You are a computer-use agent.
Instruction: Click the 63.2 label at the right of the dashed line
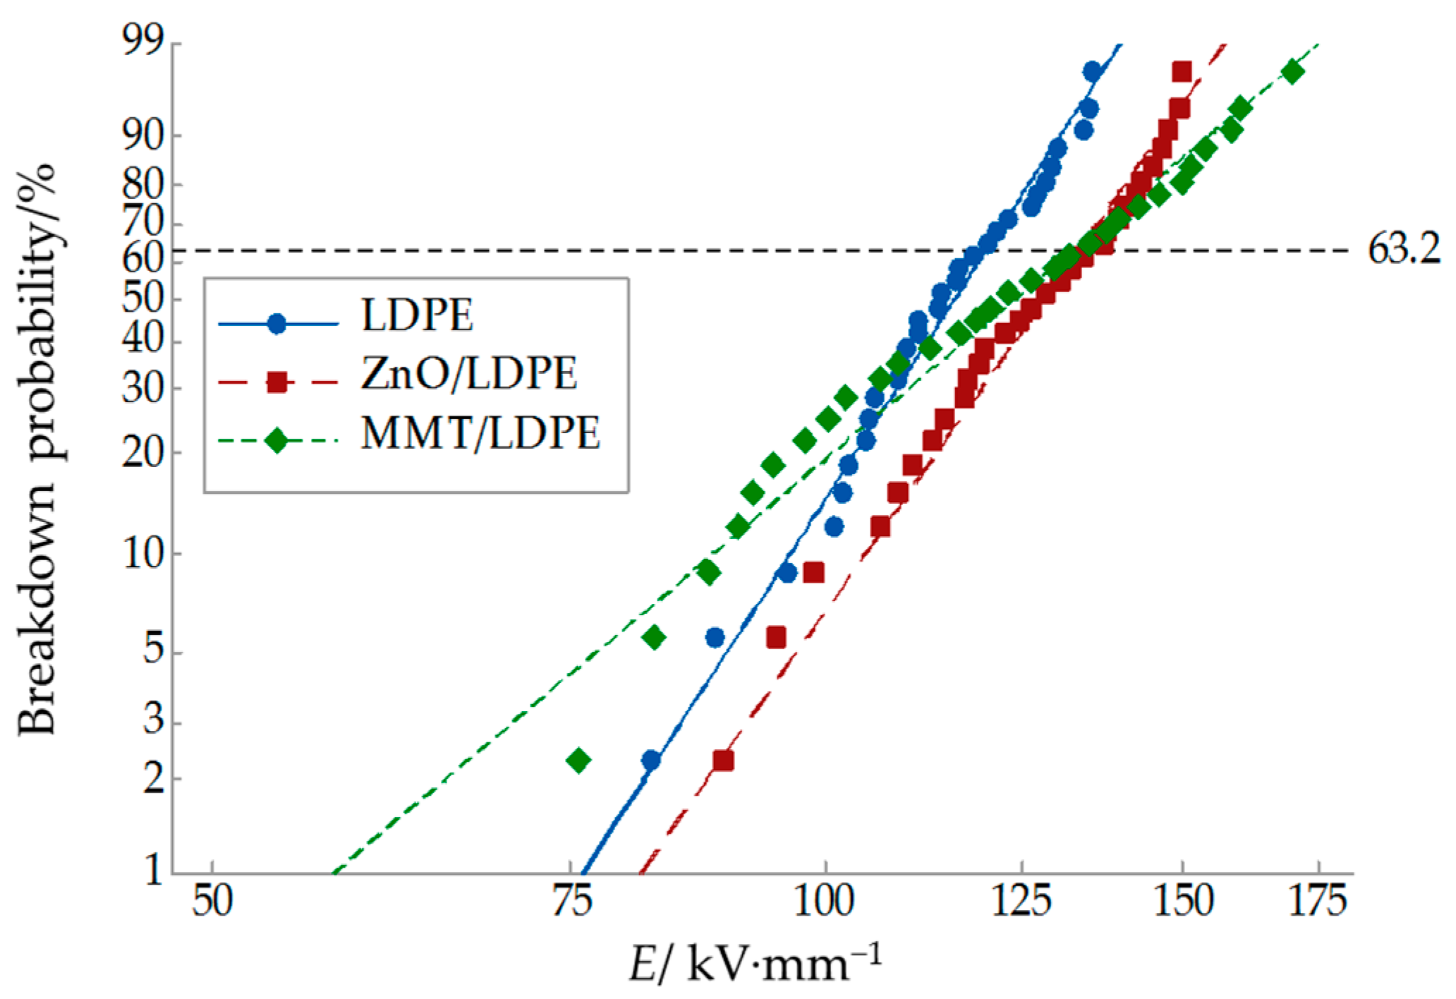(x=1404, y=250)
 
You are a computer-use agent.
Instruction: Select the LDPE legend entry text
(x=417, y=315)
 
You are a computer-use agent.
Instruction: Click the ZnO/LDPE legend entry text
(x=469, y=374)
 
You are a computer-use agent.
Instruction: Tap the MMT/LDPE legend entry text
(x=480, y=432)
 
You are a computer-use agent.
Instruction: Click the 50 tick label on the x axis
(x=212, y=902)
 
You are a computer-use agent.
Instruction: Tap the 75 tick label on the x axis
(x=571, y=902)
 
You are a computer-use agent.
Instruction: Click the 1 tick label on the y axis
(x=153, y=872)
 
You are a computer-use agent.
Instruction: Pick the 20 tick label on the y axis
(x=144, y=452)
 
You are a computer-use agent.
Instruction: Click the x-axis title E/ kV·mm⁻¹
(x=755, y=965)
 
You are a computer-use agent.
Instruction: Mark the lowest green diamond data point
(x=578, y=761)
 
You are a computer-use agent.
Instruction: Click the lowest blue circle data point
(x=651, y=761)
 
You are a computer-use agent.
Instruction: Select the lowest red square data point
(x=723, y=761)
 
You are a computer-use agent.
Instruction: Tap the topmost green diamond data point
(x=1292, y=72)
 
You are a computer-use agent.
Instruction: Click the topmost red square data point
(x=1182, y=72)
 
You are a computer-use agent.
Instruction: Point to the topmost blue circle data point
(x=1092, y=72)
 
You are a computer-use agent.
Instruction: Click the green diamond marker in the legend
(x=277, y=442)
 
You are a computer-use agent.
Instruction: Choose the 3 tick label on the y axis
(x=153, y=723)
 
